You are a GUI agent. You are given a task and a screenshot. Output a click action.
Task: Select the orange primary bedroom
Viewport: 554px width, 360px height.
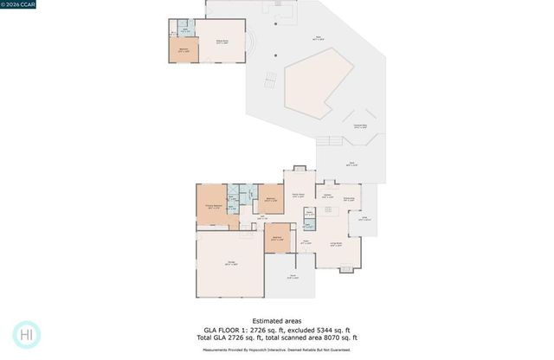(x=214, y=206)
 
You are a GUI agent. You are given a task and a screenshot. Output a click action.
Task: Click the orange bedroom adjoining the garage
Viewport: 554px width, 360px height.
(x=277, y=239)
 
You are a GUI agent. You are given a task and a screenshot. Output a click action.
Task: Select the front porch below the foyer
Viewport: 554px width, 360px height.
(x=293, y=277)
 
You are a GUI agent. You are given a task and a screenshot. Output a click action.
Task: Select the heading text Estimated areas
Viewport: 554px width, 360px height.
(x=276, y=321)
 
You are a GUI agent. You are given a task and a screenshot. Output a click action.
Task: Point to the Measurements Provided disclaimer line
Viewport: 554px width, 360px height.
(x=276, y=350)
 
